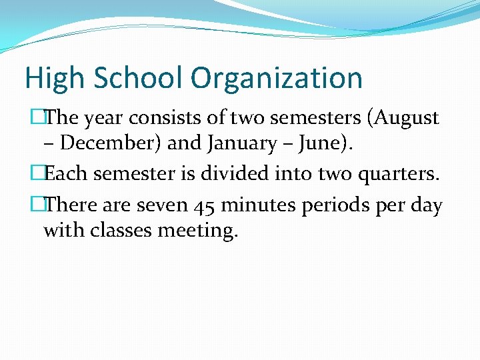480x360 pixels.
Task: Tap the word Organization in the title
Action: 277,79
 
